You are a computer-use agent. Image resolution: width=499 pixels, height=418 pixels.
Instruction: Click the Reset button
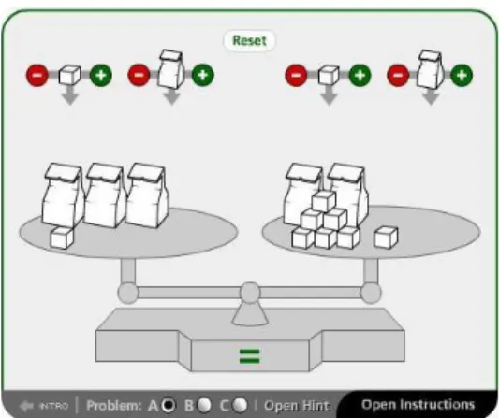[x=249, y=40]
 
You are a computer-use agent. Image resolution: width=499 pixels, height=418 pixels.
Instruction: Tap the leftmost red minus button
[x=37, y=76]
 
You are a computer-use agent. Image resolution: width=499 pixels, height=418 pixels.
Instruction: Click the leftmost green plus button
[x=101, y=76]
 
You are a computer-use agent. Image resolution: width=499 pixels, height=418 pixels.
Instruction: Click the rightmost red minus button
[x=398, y=76]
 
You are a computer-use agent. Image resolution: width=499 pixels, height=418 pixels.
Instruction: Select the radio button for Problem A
[x=169, y=405]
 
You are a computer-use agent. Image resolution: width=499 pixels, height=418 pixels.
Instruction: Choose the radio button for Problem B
[x=204, y=405]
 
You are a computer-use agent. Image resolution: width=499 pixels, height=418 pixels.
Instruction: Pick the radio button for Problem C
[x=240, y=405]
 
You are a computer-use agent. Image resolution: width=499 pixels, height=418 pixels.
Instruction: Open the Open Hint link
[x=297, y=406]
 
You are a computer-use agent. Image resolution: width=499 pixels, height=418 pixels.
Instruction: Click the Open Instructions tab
[x=418, y=404]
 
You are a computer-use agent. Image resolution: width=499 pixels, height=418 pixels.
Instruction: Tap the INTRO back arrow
[x=26, y=406]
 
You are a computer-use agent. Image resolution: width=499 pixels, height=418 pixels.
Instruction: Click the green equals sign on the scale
[x=249, y=356]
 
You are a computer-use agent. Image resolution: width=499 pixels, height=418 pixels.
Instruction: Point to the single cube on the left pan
[x=62, y=238]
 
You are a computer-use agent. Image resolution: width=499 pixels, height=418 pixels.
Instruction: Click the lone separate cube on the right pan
[x=386, y=238]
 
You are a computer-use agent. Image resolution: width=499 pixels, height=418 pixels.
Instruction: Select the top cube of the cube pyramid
[x=323, y=201]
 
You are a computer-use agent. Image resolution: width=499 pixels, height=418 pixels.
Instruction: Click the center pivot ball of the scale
[x=250, y=293]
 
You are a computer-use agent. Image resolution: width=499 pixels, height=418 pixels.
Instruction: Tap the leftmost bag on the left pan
[x=63, y=195]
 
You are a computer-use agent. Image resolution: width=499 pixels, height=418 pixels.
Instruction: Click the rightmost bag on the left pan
[x=147, y=195]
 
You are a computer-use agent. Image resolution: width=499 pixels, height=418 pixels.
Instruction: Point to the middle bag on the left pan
[x=104, y=195]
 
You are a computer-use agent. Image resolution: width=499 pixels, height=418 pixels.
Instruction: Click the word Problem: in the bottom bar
[x=113, y=406]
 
